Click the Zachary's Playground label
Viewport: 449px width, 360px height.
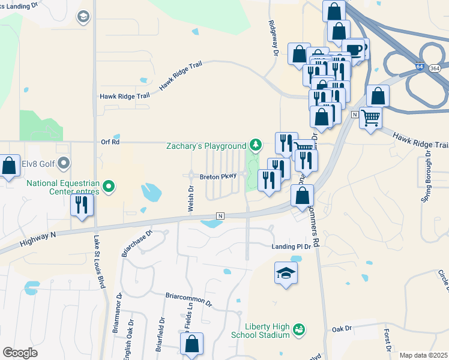[206, 146]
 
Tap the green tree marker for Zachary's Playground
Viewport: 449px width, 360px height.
[256, 145]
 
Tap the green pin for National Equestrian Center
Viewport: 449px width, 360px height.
[109, 187]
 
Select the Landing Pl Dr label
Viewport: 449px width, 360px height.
[291, 247]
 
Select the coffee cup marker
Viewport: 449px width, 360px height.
[354, 49]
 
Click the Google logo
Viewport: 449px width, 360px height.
[20, 353]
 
